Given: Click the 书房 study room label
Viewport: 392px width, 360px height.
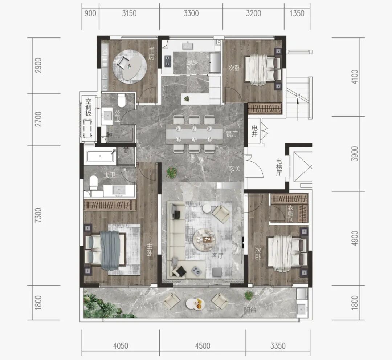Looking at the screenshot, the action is [151, 53].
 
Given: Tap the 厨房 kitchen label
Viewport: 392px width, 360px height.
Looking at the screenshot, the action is [192, 62].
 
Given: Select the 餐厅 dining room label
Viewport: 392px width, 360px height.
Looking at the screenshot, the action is [232, 134].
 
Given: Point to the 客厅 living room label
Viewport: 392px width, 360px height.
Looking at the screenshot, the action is [217, 256].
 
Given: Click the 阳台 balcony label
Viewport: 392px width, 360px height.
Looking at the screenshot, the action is [250, 310].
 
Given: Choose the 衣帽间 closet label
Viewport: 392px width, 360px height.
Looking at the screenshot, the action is [290, 213].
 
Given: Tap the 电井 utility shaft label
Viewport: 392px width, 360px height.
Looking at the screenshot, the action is [254, 131].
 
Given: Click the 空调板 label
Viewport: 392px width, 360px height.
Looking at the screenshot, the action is [88, 108].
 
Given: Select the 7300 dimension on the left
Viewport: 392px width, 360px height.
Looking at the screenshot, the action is [38, 215].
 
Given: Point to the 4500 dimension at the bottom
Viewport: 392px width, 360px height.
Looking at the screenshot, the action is [203, 346].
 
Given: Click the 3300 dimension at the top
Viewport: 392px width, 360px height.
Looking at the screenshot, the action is [191, 13].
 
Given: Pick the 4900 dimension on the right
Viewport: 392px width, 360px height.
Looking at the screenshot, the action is [355, 238].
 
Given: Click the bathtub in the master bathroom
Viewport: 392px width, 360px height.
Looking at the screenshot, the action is [100, 156].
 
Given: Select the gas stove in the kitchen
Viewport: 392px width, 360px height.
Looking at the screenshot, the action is [167, 61].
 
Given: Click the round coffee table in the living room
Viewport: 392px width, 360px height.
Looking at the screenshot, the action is [204, 238].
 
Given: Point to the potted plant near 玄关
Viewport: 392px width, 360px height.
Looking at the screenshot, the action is [172, 173].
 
